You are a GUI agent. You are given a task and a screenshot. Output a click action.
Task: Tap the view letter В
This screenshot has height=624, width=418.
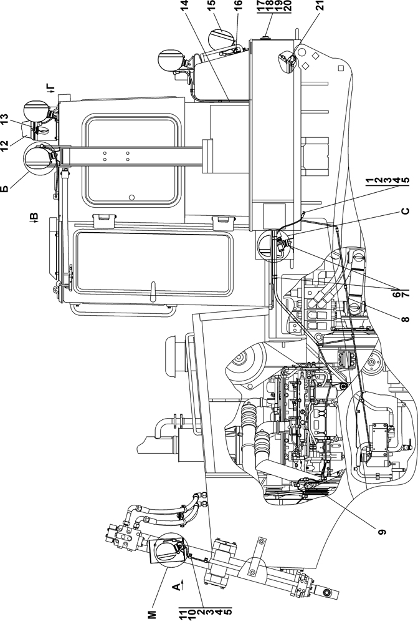coord(34,218)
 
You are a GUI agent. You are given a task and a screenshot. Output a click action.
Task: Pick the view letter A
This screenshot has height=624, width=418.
coord(176,585)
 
